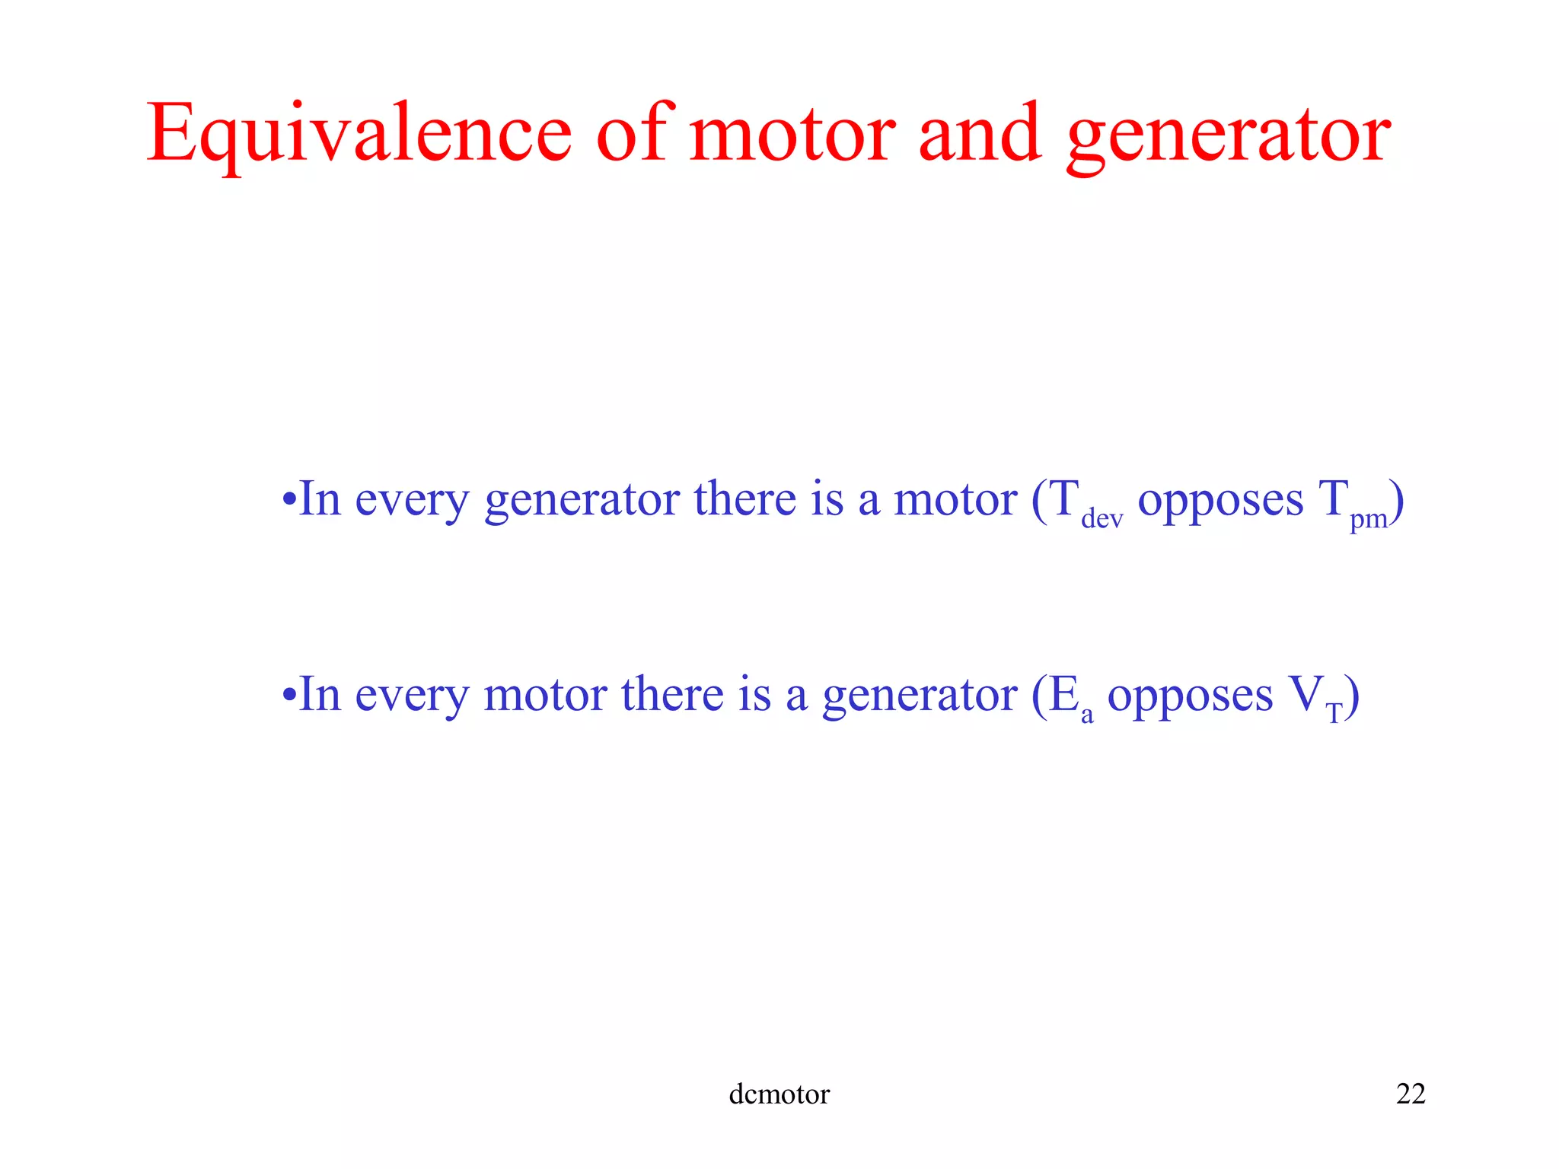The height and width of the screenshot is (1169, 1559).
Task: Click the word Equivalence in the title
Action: click(358, 135)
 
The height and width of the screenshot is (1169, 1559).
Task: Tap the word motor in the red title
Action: click(792, 135)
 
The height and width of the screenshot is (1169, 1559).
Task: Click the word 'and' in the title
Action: click(979, 134)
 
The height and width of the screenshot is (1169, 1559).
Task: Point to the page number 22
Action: click(1411, 1094)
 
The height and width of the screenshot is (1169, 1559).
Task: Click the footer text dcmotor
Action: click(779, 1094)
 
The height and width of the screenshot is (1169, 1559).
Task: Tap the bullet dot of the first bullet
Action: click(289, 501)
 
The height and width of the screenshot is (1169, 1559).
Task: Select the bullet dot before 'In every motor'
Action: click(289, 696)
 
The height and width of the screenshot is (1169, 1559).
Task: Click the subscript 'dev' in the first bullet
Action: click(1102, 519)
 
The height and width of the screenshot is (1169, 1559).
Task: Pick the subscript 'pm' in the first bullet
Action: click(1368, 519)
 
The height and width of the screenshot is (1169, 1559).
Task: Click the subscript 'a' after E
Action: click(1087, 715)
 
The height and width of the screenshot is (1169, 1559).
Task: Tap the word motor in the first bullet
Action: click(955, 501)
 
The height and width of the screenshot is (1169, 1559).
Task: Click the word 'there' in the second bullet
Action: click(672, 694)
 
